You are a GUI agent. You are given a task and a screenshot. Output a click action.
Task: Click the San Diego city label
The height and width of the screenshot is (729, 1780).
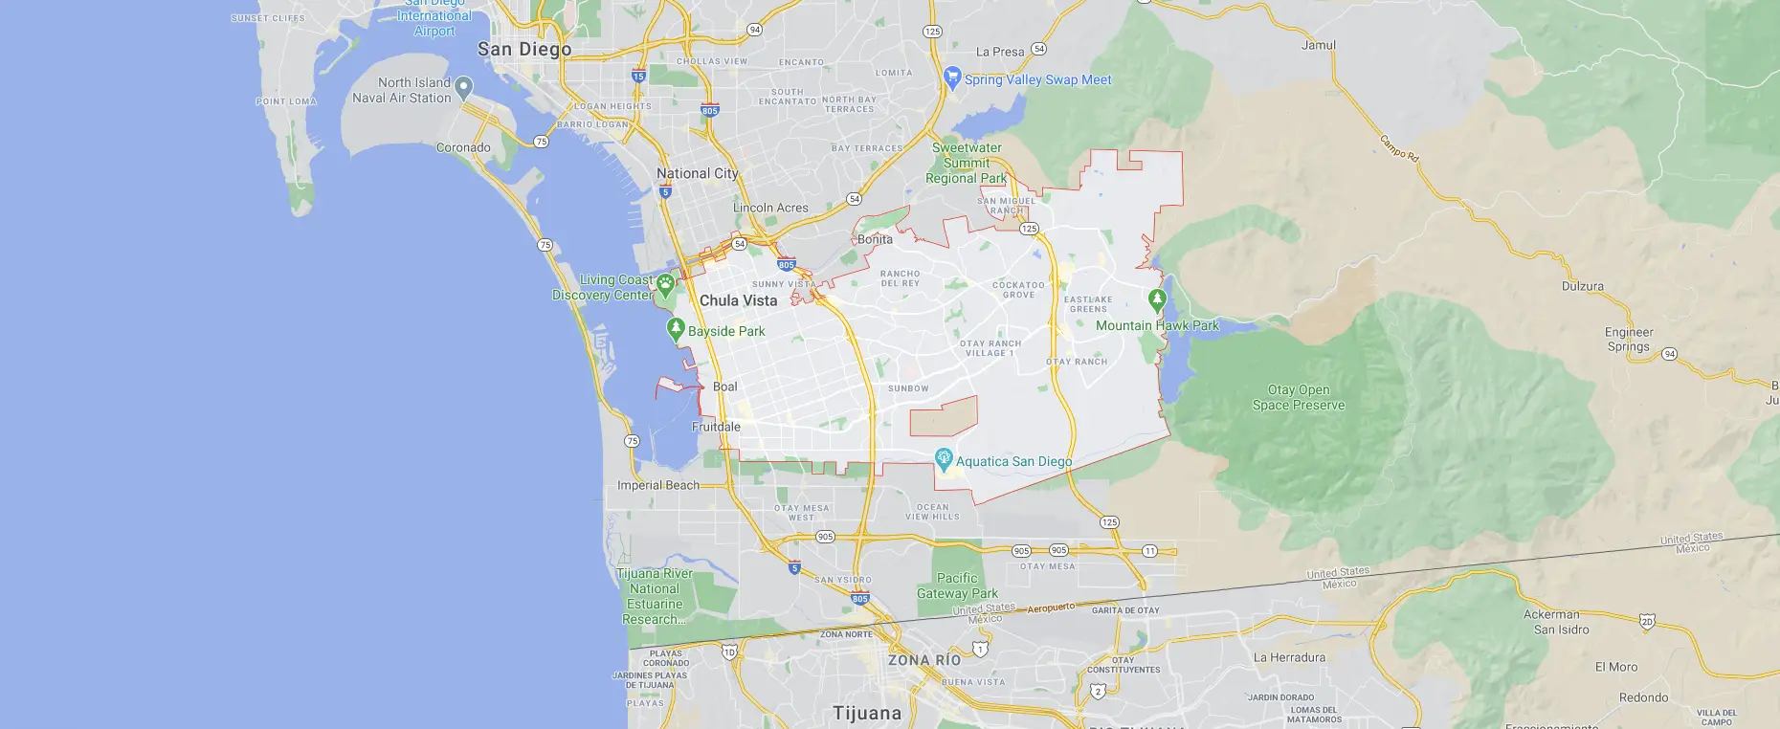pyautogui.click(x=524, y=49)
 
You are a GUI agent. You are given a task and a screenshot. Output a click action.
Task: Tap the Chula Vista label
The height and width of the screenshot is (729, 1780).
pyautogui.click(x=738, y=300)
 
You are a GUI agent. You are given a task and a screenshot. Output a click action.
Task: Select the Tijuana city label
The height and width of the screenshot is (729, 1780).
pyautogui.click(x=867, y=713)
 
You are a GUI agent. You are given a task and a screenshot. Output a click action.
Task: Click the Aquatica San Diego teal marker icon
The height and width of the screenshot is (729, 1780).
pyautogui.click(x=944, y=458)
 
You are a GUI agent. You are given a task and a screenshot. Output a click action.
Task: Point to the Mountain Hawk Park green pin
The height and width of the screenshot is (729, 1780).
pyautogui.click(x=1157, y=300)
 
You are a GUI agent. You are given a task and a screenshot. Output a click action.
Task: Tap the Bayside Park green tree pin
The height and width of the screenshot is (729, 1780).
pyautogui.click(x=676, y=329)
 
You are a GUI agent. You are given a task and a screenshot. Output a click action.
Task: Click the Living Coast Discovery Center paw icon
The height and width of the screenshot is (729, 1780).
pyautogui.click(x=665, y=283)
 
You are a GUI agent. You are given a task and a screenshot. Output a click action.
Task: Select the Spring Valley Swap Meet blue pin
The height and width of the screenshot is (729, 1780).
pyautogui.click(x=951, y=77)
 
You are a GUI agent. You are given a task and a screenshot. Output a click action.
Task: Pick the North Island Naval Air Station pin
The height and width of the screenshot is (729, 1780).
pyautogui.click(x=464, y=87)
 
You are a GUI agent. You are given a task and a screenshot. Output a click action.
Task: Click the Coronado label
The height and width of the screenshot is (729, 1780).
pyautogui.click(x=463, y=147)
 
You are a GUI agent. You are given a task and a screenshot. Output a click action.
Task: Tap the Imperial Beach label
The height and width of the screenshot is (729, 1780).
pyautogui.click(x=658, y=485)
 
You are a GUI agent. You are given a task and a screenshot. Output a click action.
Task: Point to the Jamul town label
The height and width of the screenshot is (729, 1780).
pyautogui.click(x=1318, y=45)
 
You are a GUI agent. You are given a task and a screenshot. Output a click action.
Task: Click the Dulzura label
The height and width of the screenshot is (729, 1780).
pyautogui.click(x=1582, y=286)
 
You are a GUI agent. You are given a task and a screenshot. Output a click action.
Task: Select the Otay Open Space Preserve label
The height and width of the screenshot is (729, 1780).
pyautogui.click(x=1299, y=397)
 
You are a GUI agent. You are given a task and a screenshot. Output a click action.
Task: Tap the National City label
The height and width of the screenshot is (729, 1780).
pyautogui.click(x=698, y=173)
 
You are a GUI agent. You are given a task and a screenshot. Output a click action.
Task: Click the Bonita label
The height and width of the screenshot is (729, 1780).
pyautogui.click(x=875, y=239)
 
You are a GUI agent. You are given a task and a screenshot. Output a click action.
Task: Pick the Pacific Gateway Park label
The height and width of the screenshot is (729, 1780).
pyautogui.click(x=957, y=585)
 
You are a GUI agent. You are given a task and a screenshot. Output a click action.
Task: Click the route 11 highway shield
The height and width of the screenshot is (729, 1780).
pyautogui.click(x=1149, y=551)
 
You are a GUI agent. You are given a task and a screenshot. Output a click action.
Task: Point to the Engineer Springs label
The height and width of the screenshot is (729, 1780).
pyautogui.click(x=1629, y=340)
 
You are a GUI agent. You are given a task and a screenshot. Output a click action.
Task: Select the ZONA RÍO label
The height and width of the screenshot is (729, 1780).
pyautogui.click(x=923, y=660)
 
